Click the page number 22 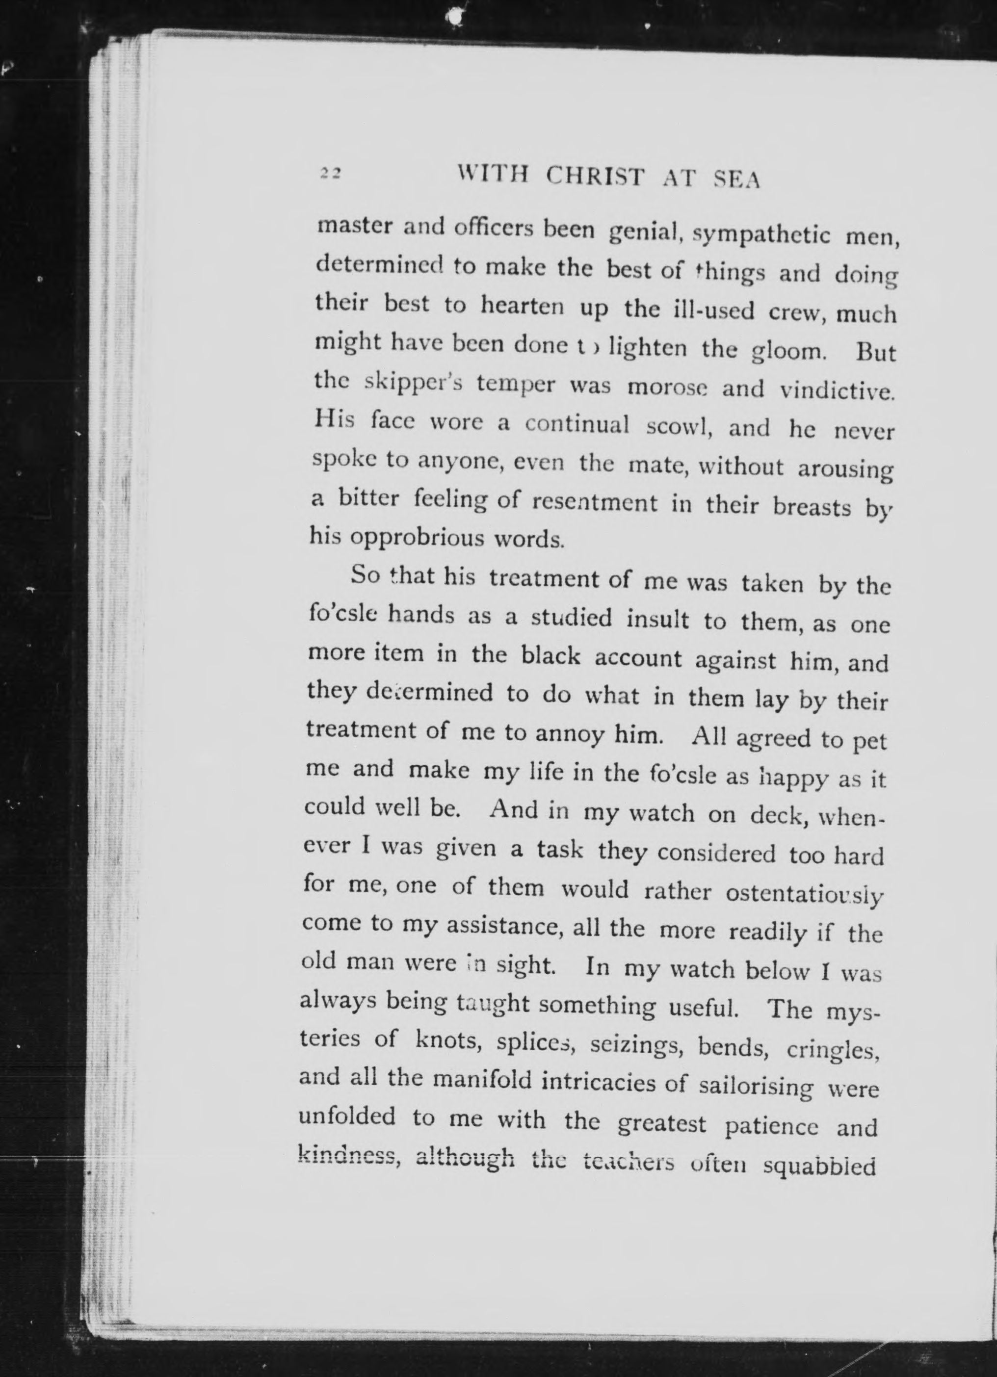tap(331, 173)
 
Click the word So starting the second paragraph tap(366, 575)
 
